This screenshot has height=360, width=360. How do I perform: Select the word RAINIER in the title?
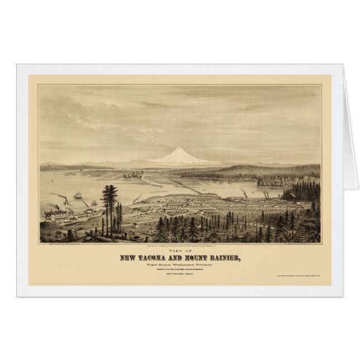[x=230, y=256]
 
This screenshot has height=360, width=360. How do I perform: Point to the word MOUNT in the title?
[x=201, y=256]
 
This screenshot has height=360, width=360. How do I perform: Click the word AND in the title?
[x=181, y=256]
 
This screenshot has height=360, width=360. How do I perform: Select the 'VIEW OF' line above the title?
[x=180, y=249]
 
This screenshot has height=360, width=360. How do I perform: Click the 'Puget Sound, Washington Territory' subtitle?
[x=180, y=263]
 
